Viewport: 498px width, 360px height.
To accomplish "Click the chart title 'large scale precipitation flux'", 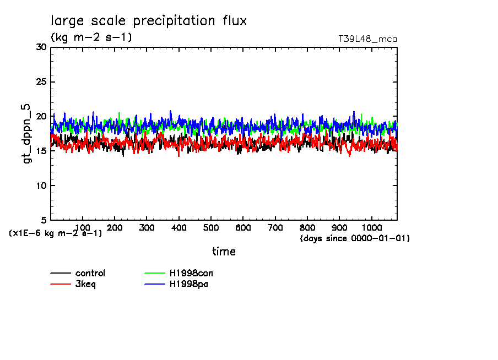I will tap(149, 21).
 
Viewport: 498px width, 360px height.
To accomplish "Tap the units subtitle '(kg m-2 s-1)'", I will tap(91, 37).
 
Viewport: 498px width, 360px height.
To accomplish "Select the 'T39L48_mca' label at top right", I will tap(367, 39).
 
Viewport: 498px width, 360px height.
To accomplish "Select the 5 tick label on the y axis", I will tap(43, 220).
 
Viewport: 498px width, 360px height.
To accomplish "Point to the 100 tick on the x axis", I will tap(82, 227).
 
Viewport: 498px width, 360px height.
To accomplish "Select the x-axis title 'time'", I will tap(224, 252).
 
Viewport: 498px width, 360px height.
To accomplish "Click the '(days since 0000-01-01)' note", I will tap(355, 238).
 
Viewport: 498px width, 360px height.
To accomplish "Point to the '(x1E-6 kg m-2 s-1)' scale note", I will tap(55, 233).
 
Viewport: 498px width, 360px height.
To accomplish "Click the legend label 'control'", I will tap(90, 273).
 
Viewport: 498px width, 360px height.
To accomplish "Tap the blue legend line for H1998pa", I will tap(155, 284).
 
